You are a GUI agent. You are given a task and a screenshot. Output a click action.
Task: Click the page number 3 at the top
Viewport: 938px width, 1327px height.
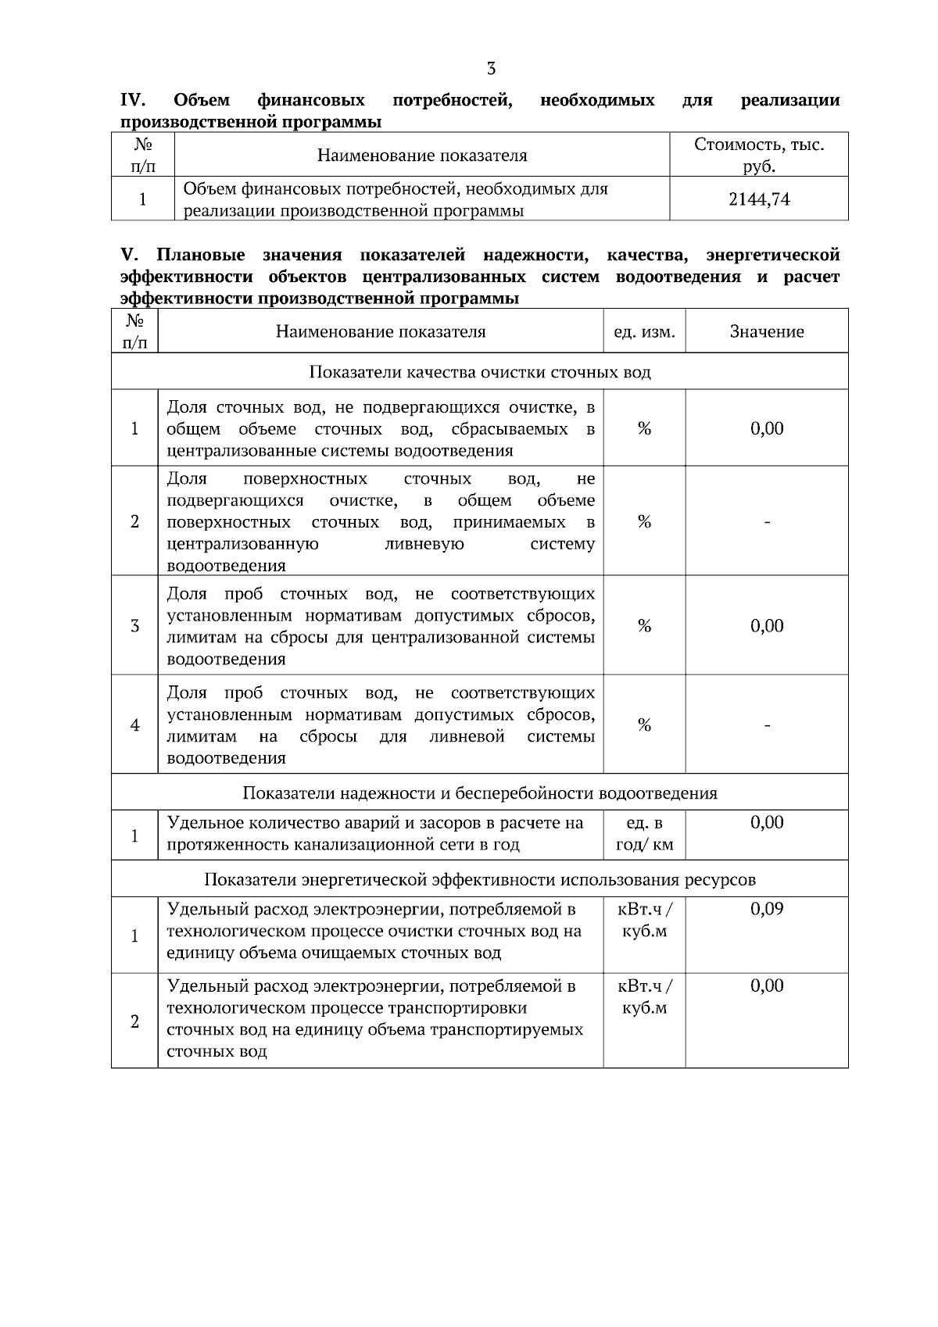491,69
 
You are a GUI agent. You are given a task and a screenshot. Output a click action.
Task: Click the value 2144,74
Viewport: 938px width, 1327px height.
759,199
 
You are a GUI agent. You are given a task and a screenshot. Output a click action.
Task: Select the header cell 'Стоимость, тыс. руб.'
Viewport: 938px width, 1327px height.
759,156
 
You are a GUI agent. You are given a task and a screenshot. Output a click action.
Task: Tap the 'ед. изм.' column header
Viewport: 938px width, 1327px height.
644,332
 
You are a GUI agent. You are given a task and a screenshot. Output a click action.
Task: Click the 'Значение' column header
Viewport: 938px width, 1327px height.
767,332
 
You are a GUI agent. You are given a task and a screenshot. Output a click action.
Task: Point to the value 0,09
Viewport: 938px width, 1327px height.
767,909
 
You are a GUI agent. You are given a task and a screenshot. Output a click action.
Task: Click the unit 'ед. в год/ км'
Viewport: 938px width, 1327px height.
644,834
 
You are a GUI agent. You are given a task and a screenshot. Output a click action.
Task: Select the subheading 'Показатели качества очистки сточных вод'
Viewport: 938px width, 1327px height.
480,372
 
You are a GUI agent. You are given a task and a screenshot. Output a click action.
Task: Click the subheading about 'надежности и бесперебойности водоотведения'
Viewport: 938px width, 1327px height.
480,793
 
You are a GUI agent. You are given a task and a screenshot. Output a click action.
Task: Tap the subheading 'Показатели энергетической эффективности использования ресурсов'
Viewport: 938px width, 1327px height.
480,880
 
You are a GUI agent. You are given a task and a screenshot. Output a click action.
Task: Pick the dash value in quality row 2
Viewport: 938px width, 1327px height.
767,522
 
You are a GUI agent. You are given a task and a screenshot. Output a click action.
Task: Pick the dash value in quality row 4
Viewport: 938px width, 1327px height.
767,725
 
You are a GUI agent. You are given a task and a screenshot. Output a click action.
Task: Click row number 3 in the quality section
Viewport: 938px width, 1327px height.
134,626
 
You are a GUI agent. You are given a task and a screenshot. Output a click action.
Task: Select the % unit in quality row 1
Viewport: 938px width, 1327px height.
644,428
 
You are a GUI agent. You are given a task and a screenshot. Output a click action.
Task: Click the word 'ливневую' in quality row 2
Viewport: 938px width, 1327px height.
424,544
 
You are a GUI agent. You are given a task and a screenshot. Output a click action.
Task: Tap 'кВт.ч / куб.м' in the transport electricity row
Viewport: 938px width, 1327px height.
644,997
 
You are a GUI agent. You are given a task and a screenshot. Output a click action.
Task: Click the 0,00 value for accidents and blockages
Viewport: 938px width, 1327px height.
767,822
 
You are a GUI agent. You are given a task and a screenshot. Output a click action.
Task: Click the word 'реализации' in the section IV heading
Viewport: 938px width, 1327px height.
790,101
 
